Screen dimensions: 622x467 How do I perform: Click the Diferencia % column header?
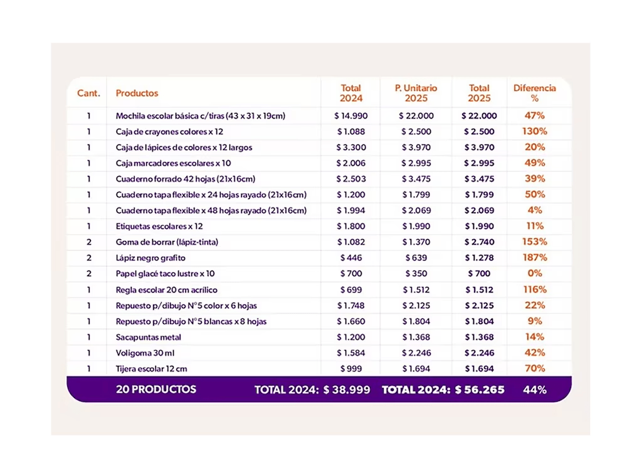(x=534, y=93)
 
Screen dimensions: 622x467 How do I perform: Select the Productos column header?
(x=137, y=94)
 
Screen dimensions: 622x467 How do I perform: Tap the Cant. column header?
(x=88, y=94)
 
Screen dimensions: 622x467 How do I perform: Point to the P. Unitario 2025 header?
(x=416, y=93)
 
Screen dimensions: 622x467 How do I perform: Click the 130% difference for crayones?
(x=535, y=131)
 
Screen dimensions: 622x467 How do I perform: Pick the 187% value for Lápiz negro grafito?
(x=535, y=258)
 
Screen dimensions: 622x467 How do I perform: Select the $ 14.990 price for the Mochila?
(x=351, y=116)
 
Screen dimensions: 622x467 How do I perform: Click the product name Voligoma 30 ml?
(x=145, y=353)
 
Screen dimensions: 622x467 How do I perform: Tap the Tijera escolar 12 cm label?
(x=151, y=369)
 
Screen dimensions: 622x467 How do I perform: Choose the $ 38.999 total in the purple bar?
(x=347, y=390)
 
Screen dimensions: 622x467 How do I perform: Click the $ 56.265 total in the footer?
(x=480, y=390)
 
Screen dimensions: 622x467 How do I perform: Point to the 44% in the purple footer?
(x=535, y=390)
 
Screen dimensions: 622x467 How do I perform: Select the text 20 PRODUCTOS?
(x=156, y=389)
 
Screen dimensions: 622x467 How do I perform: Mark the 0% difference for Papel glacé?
(x=535, y=274)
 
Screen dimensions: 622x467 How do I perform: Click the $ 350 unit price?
(x=416, y=274)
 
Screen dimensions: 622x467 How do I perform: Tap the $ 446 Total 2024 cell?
(x=351, y=258)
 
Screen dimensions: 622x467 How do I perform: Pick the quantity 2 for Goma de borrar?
(x=89, y=242)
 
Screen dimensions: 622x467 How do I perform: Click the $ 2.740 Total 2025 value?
(x=479, y=242)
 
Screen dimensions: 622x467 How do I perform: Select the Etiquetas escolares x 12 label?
(x=159, y=227)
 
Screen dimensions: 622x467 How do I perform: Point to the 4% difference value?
(x=535, y=210)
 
